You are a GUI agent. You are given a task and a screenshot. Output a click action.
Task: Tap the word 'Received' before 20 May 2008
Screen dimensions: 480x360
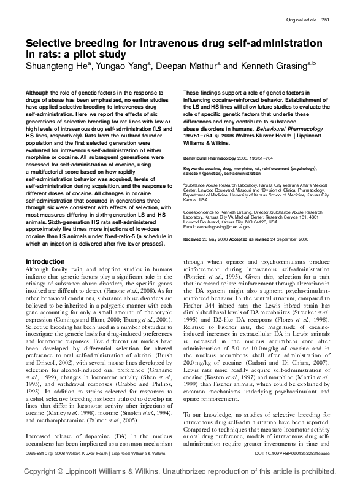tap(193, 238)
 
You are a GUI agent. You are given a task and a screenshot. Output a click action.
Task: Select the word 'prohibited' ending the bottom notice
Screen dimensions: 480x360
tap(327, 469)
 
